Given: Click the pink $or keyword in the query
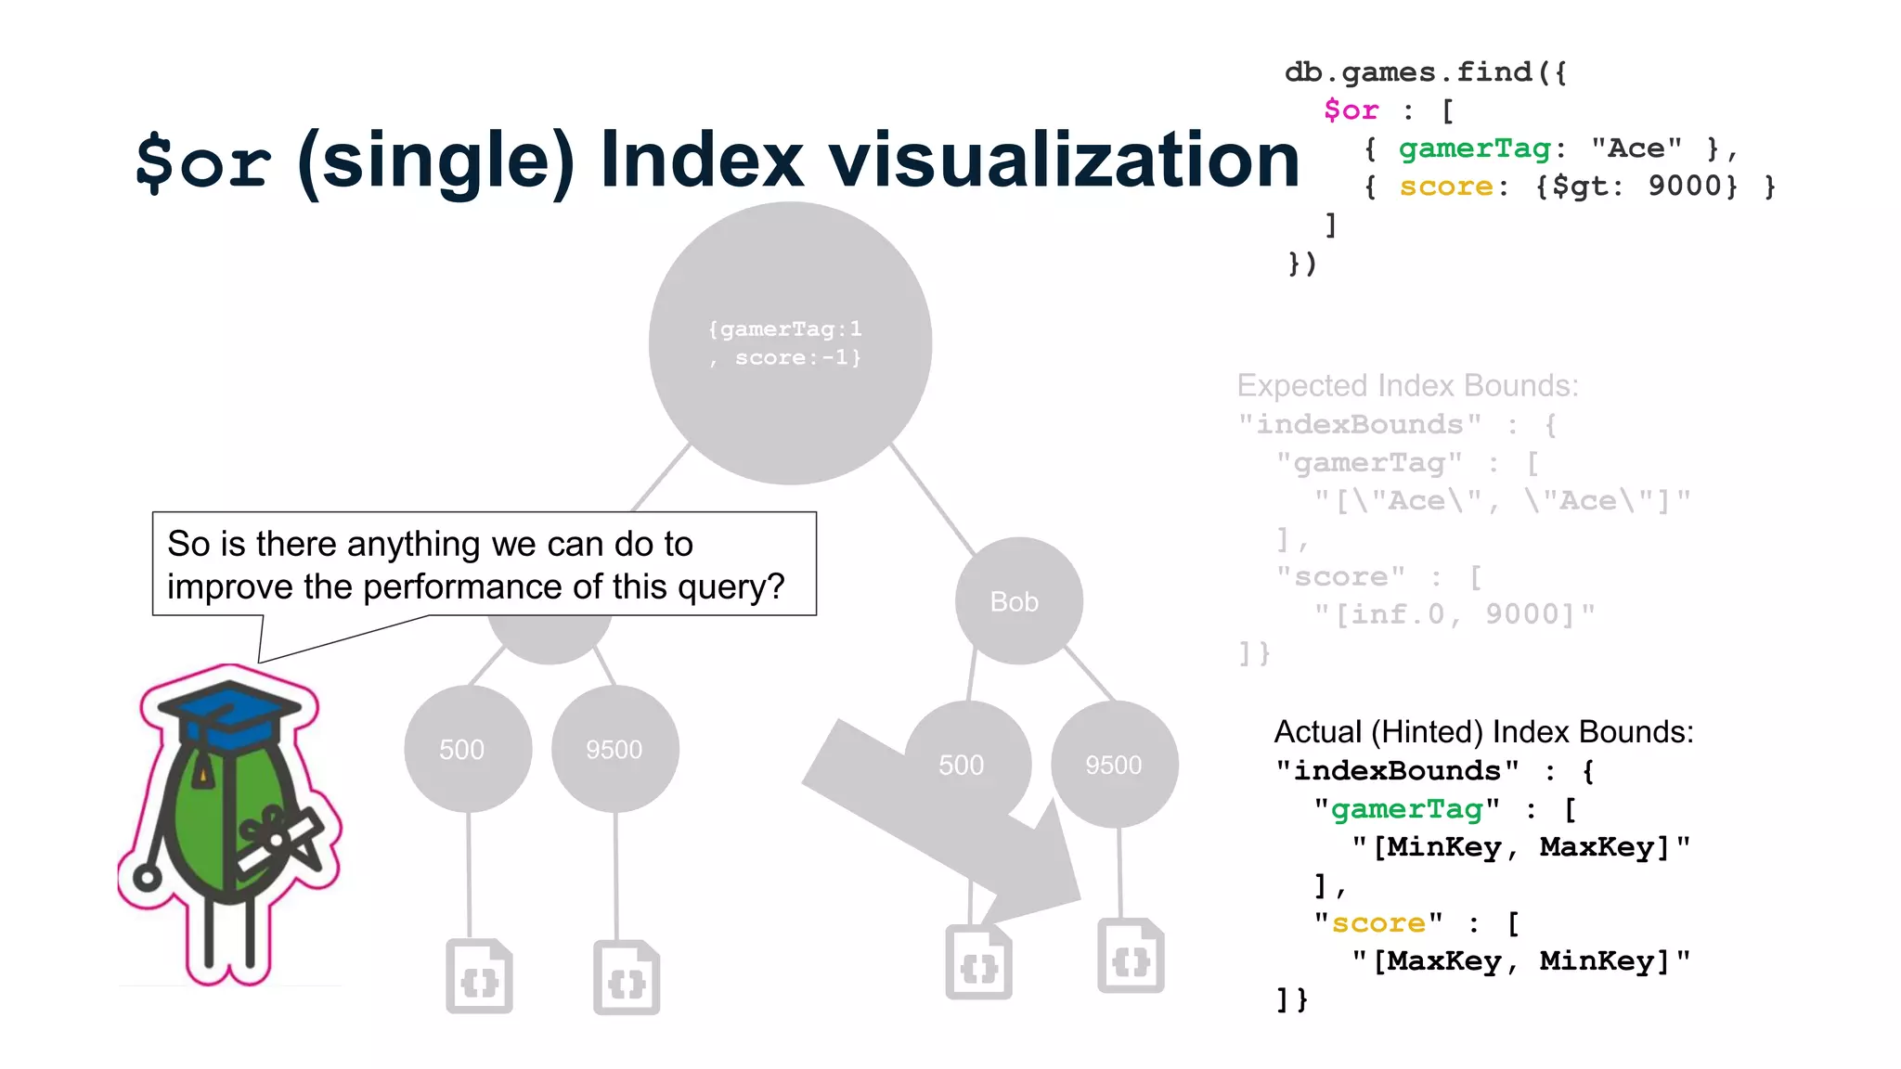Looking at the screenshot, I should coord(1351,110).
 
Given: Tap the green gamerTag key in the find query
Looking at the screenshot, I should coord(1474,148).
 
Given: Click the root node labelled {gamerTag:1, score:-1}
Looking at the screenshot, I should coord(790,342).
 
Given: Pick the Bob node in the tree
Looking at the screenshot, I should coord(1018,601).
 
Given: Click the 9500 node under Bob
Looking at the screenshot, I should coord(1114,765).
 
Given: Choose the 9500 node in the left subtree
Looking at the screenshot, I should coord(614,749).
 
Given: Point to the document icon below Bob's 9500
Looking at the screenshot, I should coord(1131,957).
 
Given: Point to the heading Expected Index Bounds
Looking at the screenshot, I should coord(1407,386).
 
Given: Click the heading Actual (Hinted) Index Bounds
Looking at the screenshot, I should coord(1483,732).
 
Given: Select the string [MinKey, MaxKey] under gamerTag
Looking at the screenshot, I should coord(1520,847).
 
